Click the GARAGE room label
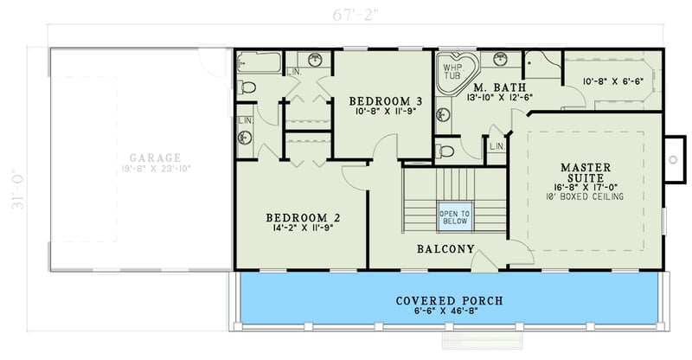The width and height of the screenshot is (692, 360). (155, 157)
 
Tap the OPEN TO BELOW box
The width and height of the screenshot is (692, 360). (454, 217)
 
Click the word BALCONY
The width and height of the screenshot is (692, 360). (445, 249)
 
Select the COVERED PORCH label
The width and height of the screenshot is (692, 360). (449, 301)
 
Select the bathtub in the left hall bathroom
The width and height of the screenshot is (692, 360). (259, 62)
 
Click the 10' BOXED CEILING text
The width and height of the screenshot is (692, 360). (586, 196)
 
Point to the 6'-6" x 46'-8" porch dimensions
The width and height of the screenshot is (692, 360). (449, 313)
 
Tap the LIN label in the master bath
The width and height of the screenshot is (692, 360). (497, 147)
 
